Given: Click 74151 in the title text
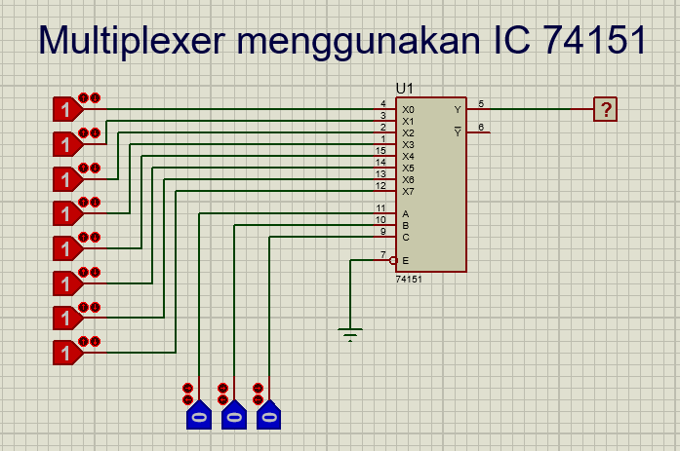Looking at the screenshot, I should tap(595, 40).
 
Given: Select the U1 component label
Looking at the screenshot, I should tap(404, 88).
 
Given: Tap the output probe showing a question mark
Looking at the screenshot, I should tap(606, 109).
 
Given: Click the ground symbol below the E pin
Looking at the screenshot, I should tap(350, 335).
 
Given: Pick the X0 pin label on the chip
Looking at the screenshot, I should tap(408, 110).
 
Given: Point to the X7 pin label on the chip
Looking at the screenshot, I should tap(408, 192).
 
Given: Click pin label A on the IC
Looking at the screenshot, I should tap(406, 214).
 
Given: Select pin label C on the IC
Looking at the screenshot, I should tap(406, 238).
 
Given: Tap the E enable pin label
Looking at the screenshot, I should tap(406, 261).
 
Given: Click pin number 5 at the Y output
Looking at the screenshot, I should tap(480, 103).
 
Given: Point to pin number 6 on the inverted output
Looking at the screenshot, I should tap(480, 127).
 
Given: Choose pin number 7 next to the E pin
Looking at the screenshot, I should tap(382, 255).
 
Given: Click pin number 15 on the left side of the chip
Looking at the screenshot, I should tap(380, 150).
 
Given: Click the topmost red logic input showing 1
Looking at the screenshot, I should tap(65, 109).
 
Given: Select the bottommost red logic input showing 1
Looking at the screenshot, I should tap(65, 353).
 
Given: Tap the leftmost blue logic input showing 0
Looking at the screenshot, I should tap(198, 417).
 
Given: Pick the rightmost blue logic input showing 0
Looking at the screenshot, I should tap(268, 417).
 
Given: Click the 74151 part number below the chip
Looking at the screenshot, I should tap(409, 280).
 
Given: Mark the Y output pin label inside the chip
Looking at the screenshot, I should tap(458, 110).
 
